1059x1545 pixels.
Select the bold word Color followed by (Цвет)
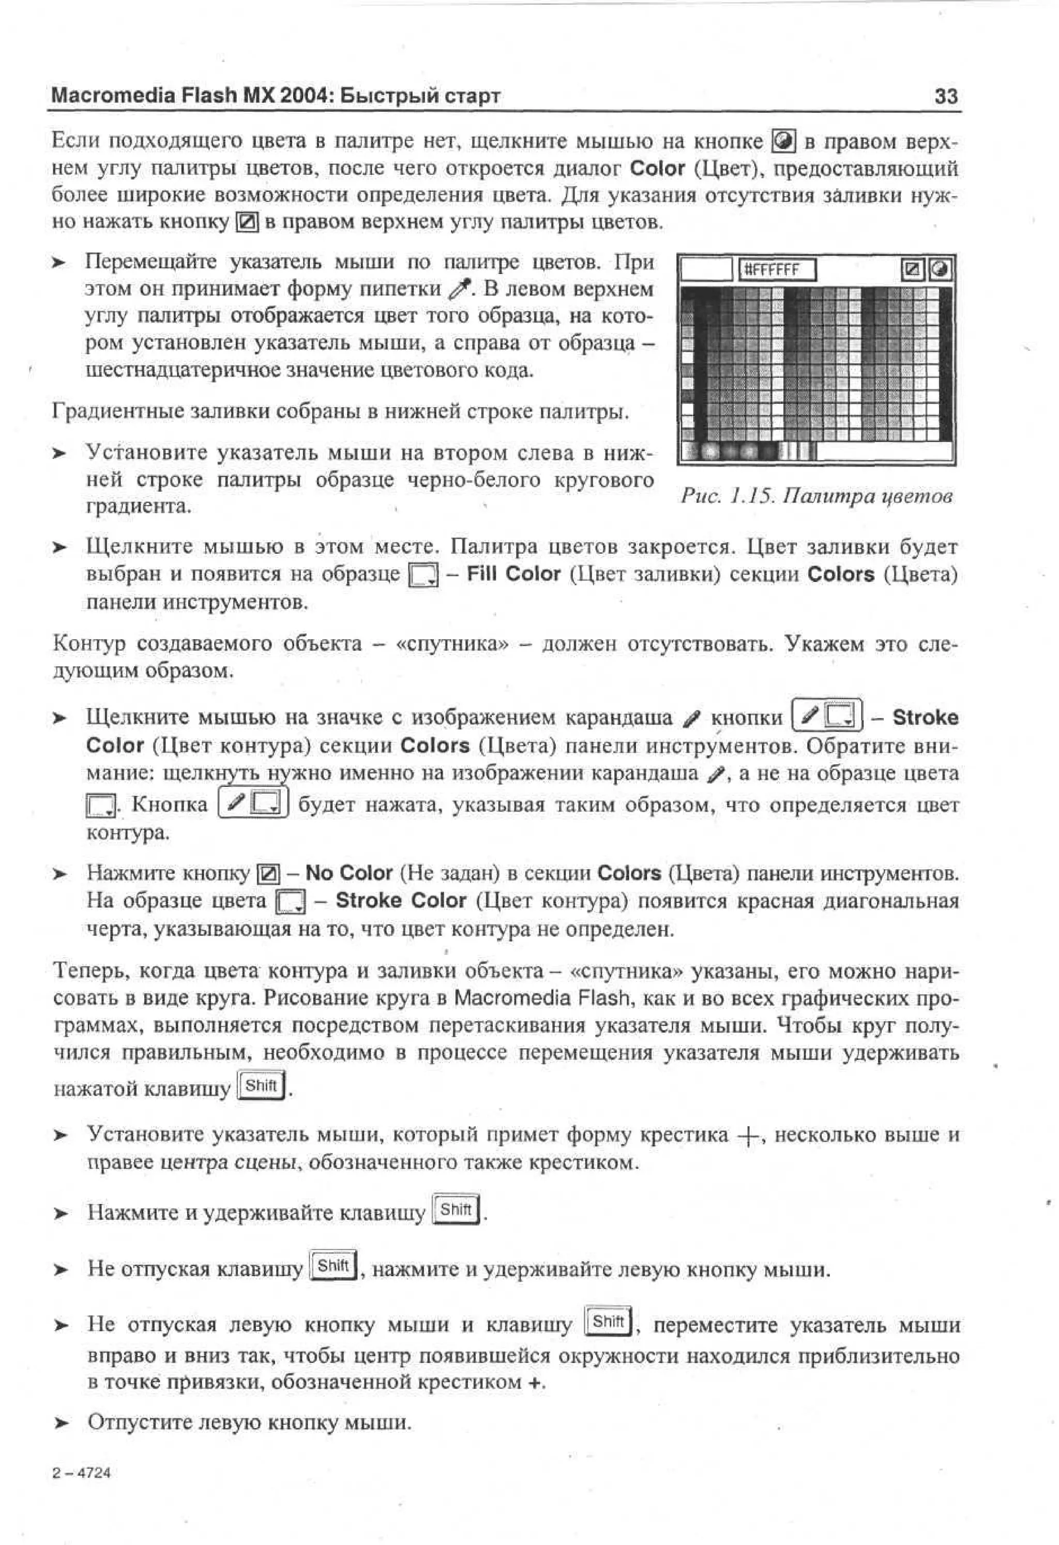pos(657,169)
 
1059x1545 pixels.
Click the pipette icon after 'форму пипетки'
pos(461,289)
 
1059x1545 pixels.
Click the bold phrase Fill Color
pos(513,574)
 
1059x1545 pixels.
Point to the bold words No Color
pos(349,873)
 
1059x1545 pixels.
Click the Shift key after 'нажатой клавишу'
pos(261,1086)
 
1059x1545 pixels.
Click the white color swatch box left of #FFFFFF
pos(707,270)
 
